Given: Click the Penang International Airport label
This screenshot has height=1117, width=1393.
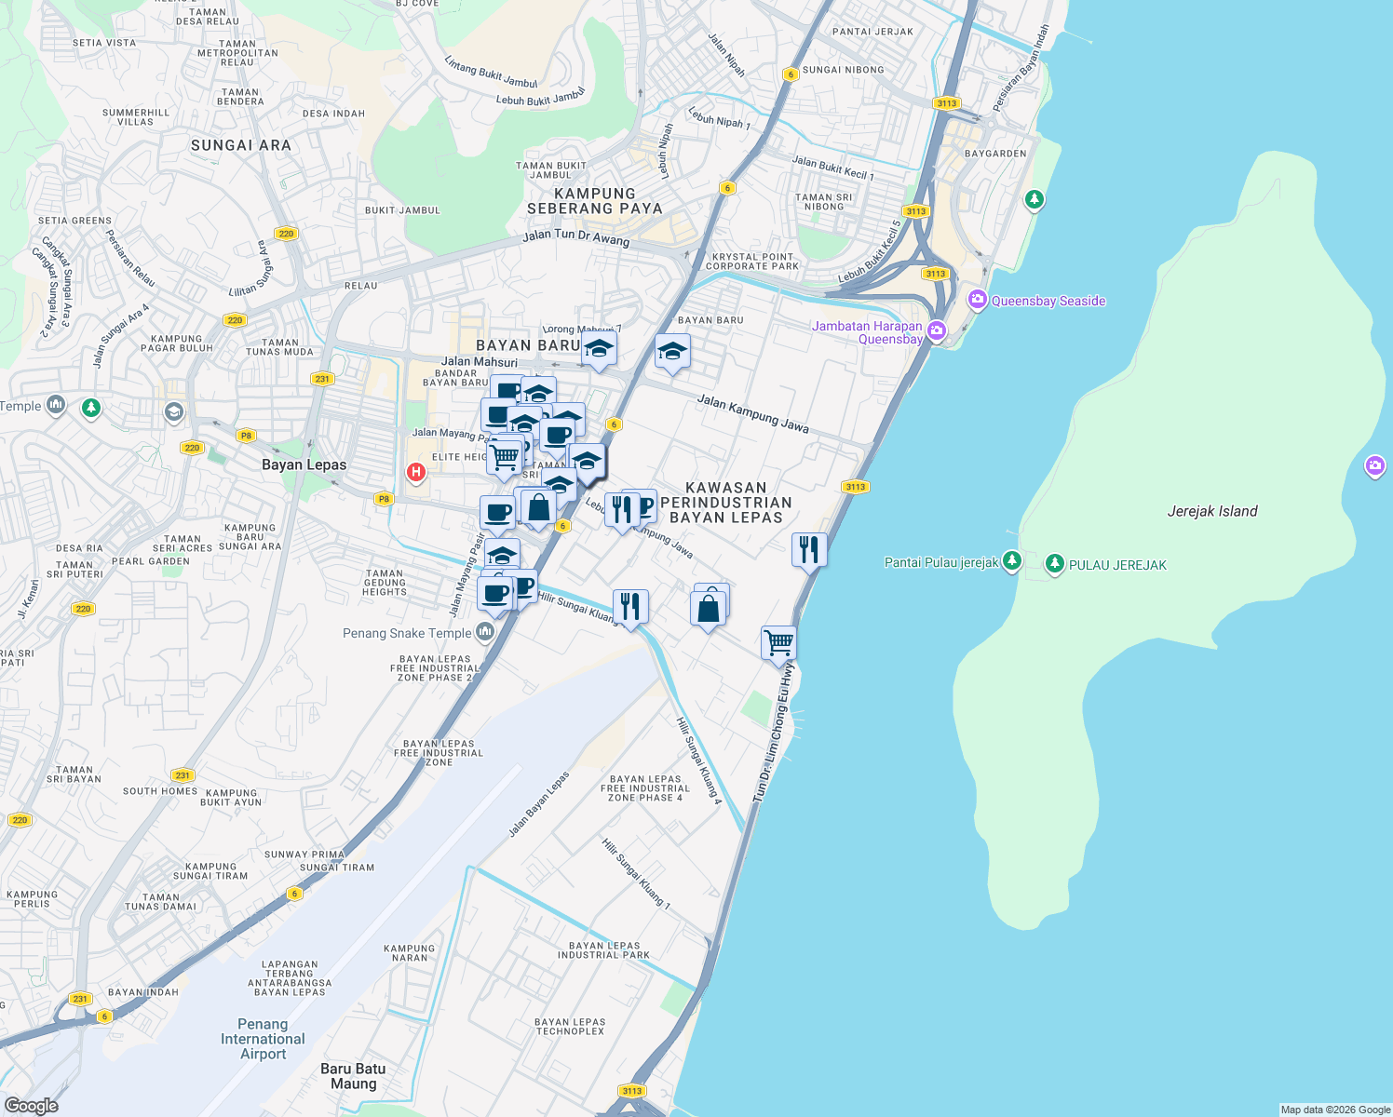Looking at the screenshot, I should click(x=263, y=1039).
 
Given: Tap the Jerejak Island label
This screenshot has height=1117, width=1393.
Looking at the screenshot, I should click(x=1211, y=511).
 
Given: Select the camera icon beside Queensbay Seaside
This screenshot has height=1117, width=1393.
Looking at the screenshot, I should click(x=977, y=300).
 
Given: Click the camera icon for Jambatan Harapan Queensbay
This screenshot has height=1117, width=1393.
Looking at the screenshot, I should click(x=937, y=331).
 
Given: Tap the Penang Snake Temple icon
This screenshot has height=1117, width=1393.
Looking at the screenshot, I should click(x=484, y=633).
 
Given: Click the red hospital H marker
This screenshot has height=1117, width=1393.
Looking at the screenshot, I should click(x=416, y=473).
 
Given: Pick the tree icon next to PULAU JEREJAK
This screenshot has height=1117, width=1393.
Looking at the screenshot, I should click(x=1054, y=564).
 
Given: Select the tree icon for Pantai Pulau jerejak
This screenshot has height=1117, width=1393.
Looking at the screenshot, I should click(x=1012, y=561).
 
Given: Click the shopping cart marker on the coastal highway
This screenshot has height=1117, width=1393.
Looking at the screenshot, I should click(x=778, y=642).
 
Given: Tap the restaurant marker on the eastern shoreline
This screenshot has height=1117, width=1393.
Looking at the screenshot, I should click(x=809, y=550).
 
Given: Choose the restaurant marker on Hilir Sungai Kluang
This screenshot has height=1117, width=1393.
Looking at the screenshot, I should click(x=630, y=607).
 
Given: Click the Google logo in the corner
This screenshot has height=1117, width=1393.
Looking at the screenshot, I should click(x=32, y=1105).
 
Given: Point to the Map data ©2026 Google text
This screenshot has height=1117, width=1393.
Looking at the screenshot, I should click(x=1335, y=1110).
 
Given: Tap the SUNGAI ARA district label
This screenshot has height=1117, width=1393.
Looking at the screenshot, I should click(x=241, y=145).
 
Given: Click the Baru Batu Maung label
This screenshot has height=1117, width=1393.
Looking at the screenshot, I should click(x=353, y=1076).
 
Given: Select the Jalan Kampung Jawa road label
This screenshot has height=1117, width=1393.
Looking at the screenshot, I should click(x=752, y=413).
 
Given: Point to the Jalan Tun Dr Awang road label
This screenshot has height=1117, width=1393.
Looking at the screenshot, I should click(x=575, y=237).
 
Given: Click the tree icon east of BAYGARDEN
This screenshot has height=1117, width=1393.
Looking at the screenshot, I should click(x=1034, y=200).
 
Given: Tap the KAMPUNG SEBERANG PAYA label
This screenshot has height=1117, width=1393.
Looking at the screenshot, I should click(x=594, y=201).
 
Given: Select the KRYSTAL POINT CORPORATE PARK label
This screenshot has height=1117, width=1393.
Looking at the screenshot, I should click(x=752, y=262).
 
